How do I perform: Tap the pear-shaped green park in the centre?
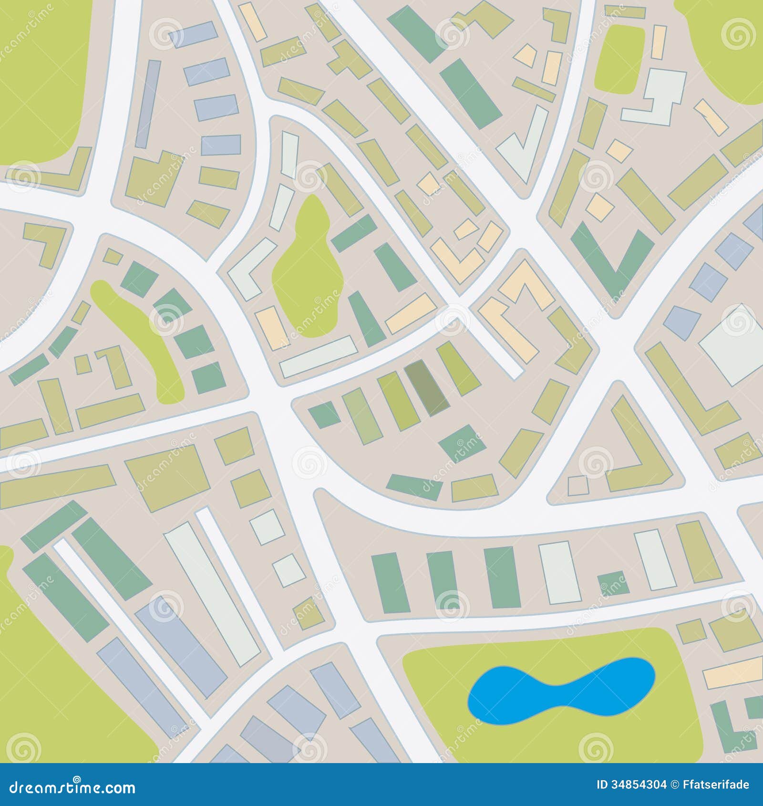[x=305, y=277]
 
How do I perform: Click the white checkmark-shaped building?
[x=522, y=143]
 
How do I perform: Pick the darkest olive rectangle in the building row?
[x=427, y=387]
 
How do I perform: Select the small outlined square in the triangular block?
[x=578, y=485]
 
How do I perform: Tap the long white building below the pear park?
[x=318, y=357]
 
